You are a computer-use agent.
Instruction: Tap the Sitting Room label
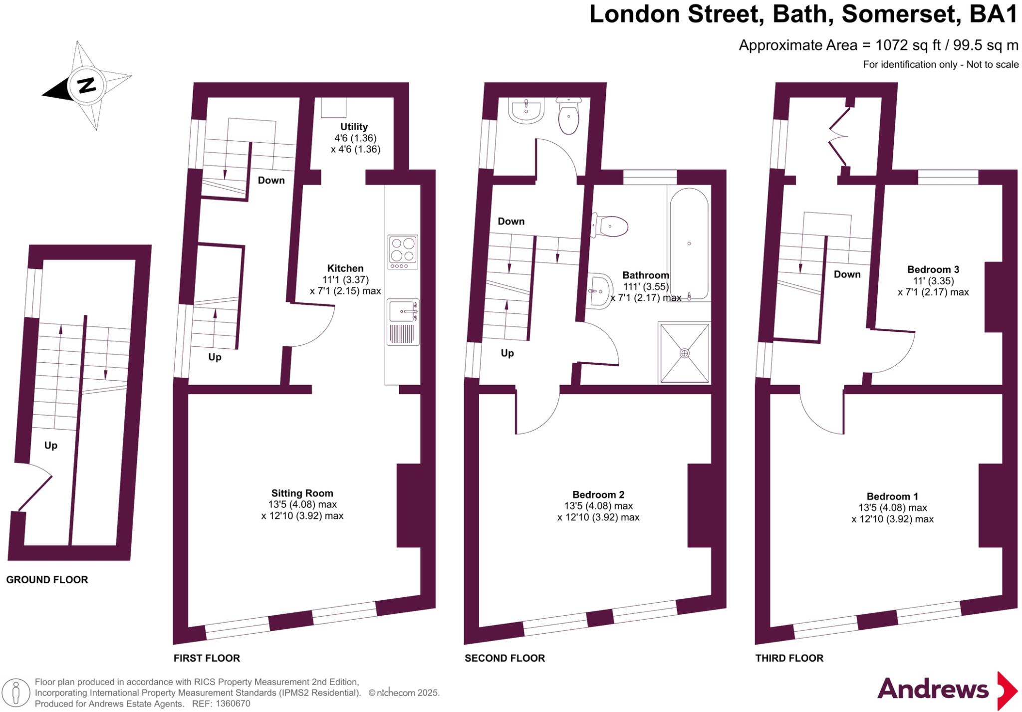tap(302, 493)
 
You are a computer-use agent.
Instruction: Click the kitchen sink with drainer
tap(403, 322)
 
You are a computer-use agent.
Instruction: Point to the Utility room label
tap(354, 127)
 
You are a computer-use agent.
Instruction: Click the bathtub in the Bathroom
tap(689, 243)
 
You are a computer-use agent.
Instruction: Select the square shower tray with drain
tap(685, 353)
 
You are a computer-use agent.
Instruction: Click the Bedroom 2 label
tap(598, 494)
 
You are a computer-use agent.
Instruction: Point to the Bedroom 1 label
tap(892, 496)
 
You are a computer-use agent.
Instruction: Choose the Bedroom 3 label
tap(933, 269)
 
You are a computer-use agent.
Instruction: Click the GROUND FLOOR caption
tap(47, 579)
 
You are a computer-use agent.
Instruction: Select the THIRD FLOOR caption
tap(789, 658)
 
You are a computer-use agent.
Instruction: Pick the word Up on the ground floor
tap(51, 445)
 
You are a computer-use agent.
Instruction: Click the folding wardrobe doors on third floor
tap(838, 136)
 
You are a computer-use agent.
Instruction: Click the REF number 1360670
tap(233, 704)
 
